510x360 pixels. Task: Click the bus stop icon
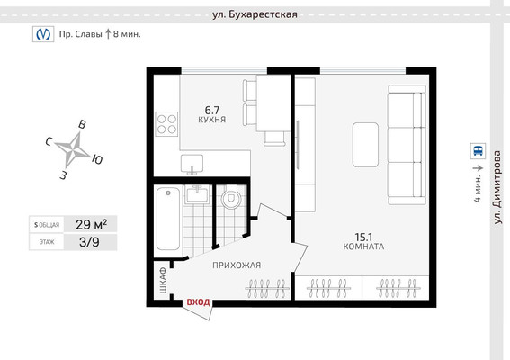[476, 152]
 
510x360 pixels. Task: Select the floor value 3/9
[89, 241]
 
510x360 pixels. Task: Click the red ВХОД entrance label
[197, 302]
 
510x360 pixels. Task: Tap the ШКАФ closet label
[162, 282]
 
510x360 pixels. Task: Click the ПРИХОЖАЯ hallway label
[236, 265]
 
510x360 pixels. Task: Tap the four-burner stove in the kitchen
[166, 122]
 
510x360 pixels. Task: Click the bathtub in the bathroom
[167, 219]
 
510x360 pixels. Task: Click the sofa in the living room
[405, 143]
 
